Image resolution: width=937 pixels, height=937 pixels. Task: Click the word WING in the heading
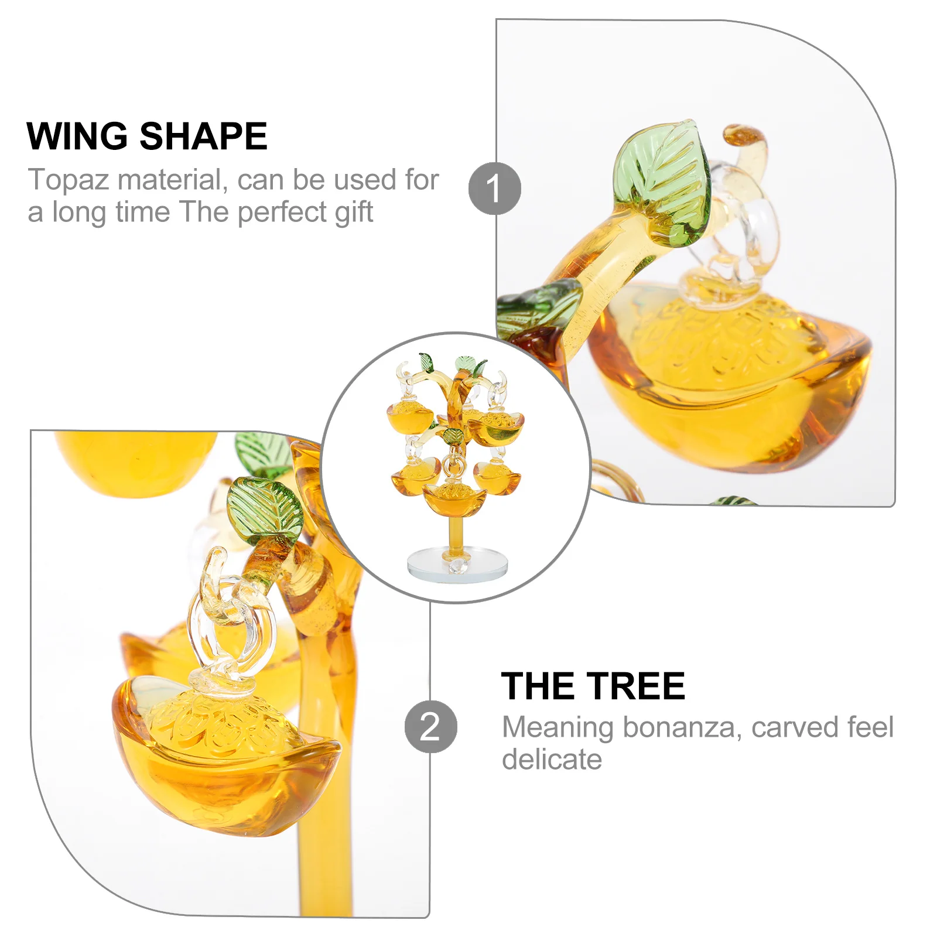pyautogui.click(x=77, y=136)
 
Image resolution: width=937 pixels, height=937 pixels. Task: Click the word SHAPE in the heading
pyautogui.click(x=203, y=136)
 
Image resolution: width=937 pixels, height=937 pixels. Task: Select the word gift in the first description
pyautogui.click(x=354, y=213)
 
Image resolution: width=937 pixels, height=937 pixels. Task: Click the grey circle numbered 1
pyautogui.click(x=494, y=189)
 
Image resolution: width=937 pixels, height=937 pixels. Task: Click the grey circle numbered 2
pyautogui.click(x=430, y=727)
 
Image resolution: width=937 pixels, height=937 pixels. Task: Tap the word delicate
pyautogui.click(x=552, y=760)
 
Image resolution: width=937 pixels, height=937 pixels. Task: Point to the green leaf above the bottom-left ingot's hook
pyautogui.click(x=264, y=509)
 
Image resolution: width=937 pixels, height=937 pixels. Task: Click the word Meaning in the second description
pyautogui.click(x=558, y=727)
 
